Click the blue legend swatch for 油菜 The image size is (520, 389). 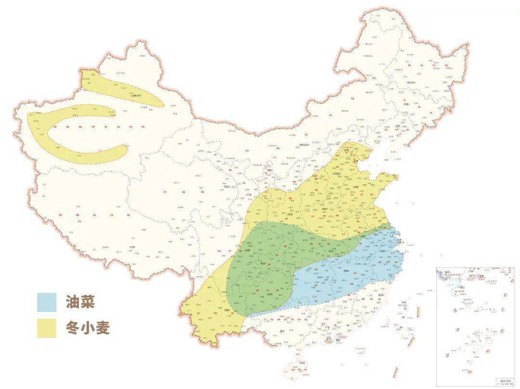click(47, 302)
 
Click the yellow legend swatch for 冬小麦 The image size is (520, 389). click(47, 327)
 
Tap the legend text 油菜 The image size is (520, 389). click(80, 302)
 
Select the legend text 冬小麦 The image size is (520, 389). click(88, 327)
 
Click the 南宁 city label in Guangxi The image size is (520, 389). click(285, 331)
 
